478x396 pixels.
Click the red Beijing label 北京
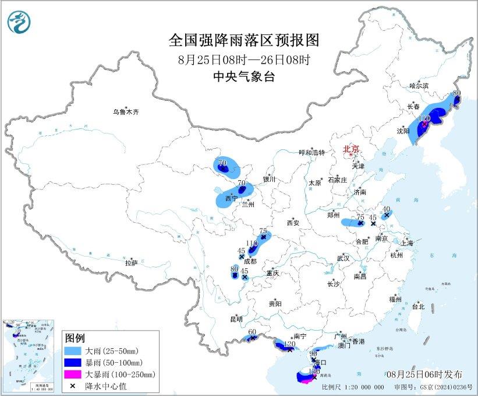point(351,149)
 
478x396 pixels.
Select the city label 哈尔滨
point(419,86)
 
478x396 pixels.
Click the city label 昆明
point(236,318)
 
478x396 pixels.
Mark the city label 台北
point(418,306)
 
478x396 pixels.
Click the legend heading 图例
point(75,339)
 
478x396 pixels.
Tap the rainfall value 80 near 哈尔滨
point(456,93)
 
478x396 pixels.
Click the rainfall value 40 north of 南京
point(386,209)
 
